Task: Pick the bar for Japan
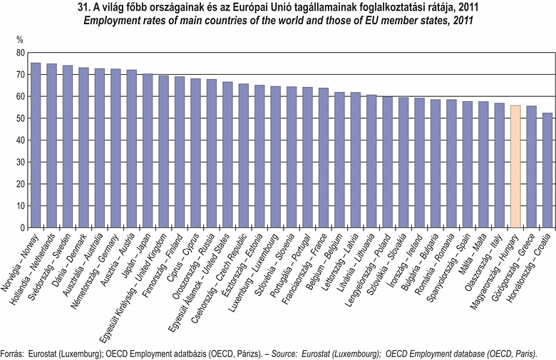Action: click(x=148, y=150)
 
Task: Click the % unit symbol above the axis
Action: click(x=19, y=40)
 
